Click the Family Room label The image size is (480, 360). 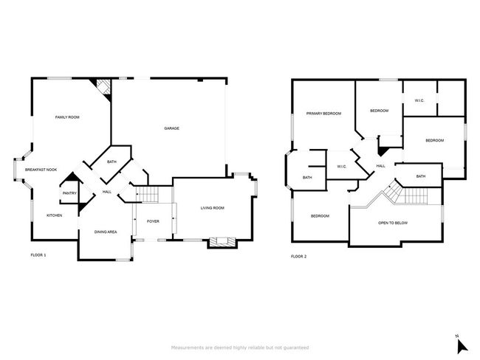[67, 117]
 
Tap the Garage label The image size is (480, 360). [172, 128]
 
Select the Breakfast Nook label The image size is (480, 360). [41, 170]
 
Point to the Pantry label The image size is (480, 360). [69, 193]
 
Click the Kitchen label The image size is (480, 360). [55, 215]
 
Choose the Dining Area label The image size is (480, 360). [106, 232]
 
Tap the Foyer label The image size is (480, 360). [153, 221]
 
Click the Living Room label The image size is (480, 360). [213, 208]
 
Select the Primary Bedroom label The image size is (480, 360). [323, 114]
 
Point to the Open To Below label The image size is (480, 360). [393, 223]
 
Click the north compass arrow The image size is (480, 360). [462, 347]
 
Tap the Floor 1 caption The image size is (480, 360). [38, 255]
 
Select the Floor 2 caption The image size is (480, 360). [298, 256]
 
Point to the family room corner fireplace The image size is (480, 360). [103, 88]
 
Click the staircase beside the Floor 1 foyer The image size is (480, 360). [147, 194]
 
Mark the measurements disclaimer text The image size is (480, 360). [240, 347]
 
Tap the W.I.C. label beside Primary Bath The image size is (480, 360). [342, 167]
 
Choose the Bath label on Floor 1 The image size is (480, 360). [112, 162]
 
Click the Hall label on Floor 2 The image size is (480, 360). [381, 166]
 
